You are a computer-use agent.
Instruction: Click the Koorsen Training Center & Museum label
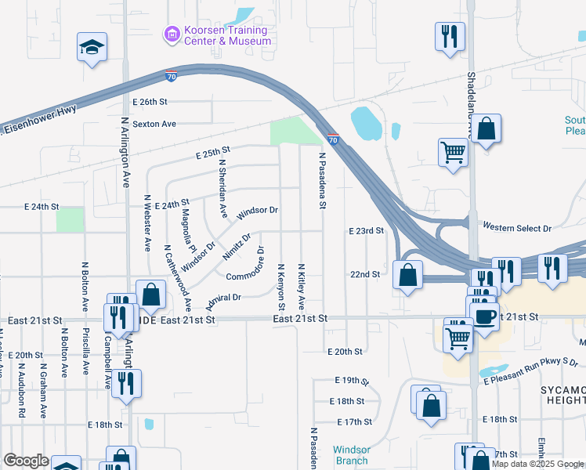(227, 36)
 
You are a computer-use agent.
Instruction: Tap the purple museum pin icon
(172, 34)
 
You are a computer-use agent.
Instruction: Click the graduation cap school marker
(92, 46)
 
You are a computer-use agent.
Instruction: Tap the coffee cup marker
(485, 317)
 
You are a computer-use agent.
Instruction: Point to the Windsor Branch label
(350, 455)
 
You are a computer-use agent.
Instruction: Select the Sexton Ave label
(154, 124)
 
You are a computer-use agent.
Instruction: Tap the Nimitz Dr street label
(236, 248)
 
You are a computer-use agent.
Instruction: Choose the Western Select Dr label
(517, 228)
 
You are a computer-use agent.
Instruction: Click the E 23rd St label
(366, 231)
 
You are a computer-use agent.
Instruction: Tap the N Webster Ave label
(147, 223)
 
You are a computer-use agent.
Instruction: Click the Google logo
(27, 460)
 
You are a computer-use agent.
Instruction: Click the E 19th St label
(350, 381)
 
